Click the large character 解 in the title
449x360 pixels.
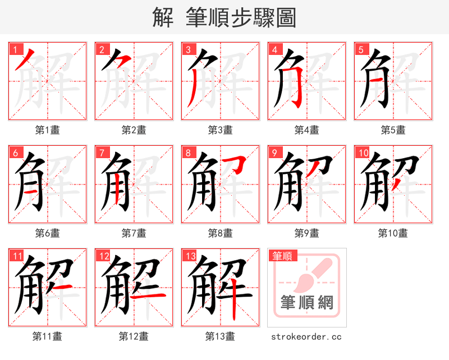point(163,17)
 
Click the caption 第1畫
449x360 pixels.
point(47,130)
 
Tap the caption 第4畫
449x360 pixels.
point(306,130)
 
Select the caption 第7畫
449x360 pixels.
point(134,233)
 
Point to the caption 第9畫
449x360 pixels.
point(306,233)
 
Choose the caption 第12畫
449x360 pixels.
point(134,336)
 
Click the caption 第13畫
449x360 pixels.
point(220,336)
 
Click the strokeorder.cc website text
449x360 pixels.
point(306,336)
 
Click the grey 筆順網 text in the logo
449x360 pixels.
point(307,303)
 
